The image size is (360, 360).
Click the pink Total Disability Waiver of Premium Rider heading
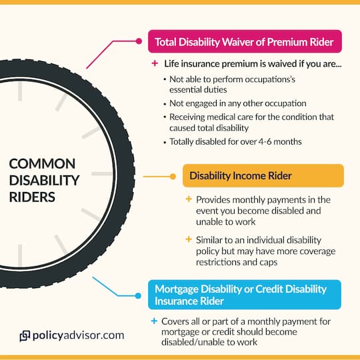[x=245, y=42]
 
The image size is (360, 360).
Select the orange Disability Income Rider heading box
[x=263, y=176]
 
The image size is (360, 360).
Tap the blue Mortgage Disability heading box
[x=245, y=295]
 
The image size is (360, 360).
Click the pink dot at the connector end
[x=139, y=41]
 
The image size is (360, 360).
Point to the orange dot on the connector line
[x=174, y=177]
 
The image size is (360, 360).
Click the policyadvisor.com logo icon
[x=25, y=336]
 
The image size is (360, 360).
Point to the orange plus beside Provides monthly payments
[x=189, y=200]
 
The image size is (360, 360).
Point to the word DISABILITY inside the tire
[x=45, y=180]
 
